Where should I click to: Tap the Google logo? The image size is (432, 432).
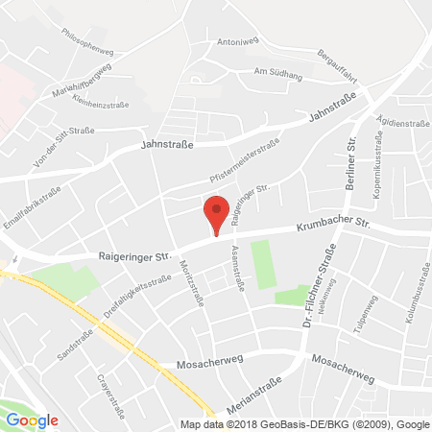coord(33,420)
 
